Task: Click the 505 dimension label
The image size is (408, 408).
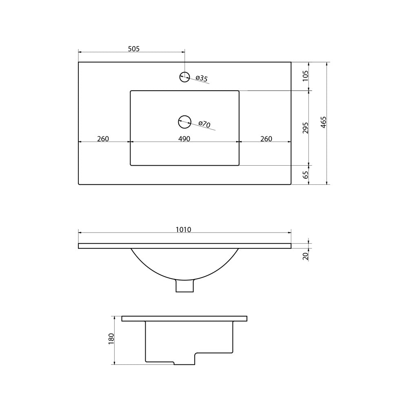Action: [134, 49]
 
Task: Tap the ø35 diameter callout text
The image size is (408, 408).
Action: [202, 78]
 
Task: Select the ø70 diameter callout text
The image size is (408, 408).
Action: [204, 124]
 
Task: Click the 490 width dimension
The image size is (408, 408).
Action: [184, 139]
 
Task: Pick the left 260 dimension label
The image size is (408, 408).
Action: [103, 139]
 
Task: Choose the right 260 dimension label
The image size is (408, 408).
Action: [266, 139]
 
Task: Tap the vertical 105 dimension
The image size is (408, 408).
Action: [306, 76]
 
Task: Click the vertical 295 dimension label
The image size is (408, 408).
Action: [306, 128]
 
